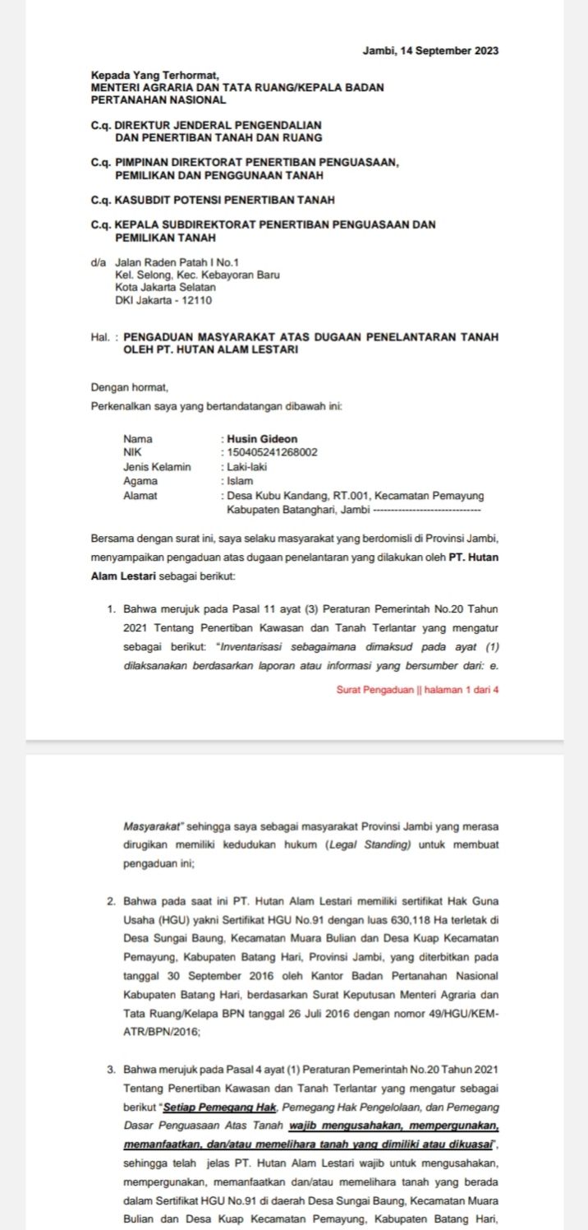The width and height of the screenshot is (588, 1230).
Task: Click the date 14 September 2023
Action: (x=448, y=51)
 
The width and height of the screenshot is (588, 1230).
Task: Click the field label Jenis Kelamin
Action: (x=157, y=467)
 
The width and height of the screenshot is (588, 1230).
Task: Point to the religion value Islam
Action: (x=241, y=481)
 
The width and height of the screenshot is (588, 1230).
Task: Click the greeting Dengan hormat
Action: (x=130, y=386)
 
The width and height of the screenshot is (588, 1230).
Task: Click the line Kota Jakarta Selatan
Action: (x=166, y=288)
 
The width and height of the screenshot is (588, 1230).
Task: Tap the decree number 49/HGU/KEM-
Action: (x=459, y=1016)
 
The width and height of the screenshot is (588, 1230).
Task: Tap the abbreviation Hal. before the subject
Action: (x=101, y=337)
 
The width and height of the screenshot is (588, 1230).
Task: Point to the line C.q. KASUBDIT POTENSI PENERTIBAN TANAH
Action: (x=213, y=200)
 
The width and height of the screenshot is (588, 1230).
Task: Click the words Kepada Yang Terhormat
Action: (x=155, y=76)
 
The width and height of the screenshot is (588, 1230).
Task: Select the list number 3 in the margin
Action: (x=111, y=1070)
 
